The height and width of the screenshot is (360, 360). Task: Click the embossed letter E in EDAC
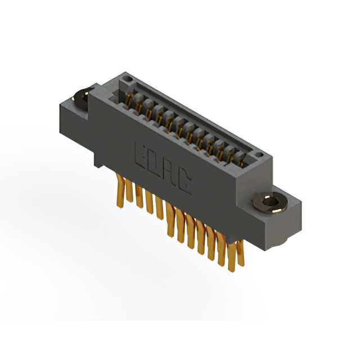(x=140, y=156)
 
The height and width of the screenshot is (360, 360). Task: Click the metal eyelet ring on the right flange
(x=270, y=202)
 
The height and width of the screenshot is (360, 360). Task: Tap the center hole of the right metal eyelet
(x=270, y=201)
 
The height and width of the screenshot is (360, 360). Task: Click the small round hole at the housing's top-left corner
(x=128, y=79)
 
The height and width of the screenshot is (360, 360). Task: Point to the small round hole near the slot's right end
(x=259, y=154)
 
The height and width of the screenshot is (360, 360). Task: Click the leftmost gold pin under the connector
(x=120, y=191)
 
